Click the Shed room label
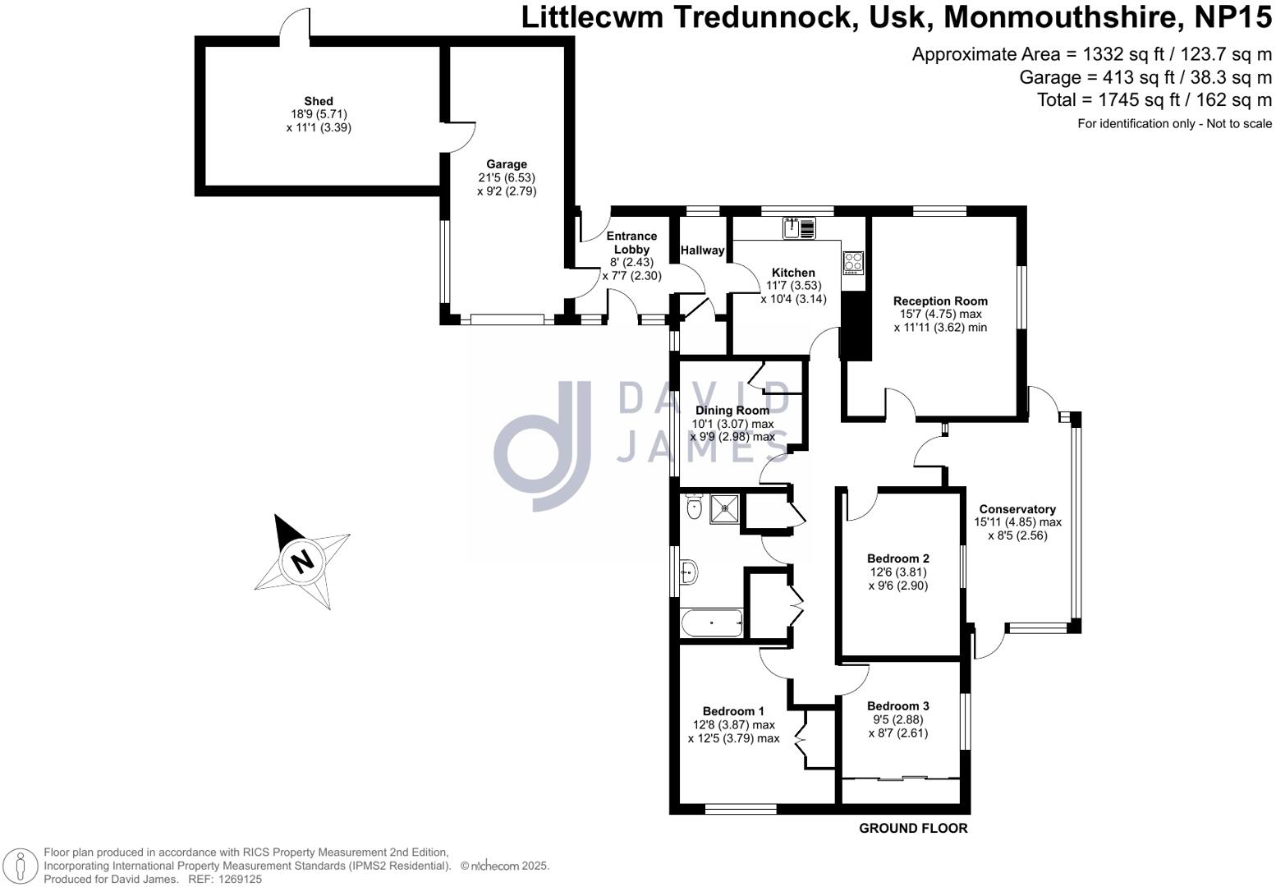point(319,102)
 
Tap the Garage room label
point(507,164)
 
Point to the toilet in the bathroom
point(694,507)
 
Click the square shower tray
point(724,508)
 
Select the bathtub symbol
point(711,623)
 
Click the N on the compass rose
point(303,561)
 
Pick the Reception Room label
point(940,301)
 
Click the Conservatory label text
point(1017,509)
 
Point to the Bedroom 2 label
point(898,559)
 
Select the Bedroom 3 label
point(898,706)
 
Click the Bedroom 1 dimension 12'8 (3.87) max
point(733,725)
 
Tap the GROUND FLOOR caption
point(913,829)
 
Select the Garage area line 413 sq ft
point(1145,77)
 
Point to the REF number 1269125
point(236,879)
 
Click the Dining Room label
point(732,411)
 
